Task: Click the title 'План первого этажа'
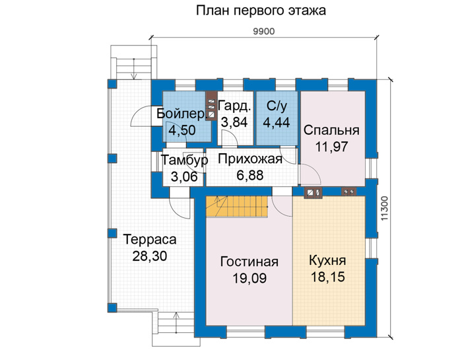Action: point(261,11)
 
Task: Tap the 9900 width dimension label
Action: point(264,31)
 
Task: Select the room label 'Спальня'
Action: point(331,130)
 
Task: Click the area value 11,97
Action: point(332,147)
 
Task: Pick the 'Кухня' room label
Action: point(327,260)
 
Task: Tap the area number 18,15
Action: point(327,277)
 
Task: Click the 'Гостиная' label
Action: point(249,262)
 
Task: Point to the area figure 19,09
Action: point(249,278)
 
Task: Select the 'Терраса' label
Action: point(150,239)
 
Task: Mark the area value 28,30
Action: point(150,256)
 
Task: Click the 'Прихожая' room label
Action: point(250,159)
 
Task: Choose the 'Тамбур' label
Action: point(184,160)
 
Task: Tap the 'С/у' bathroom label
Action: point(277,106)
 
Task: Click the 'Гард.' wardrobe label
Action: point(234,106)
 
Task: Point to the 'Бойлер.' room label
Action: point(181,114)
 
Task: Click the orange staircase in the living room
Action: point(237,207)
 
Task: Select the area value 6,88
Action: point(250,176)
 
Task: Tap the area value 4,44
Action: point(277,122)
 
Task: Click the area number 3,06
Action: point(184,176)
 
